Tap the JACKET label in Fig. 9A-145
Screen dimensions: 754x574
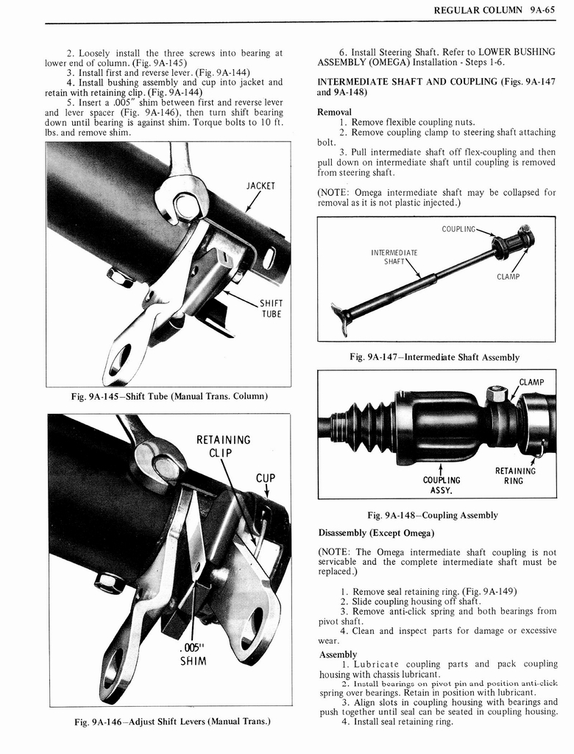coord(261,186)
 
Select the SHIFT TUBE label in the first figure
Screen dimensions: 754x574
coord(272,309)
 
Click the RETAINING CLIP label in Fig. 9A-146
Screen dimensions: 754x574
coord(223,447)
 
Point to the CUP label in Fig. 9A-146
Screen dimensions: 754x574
coord(265,479)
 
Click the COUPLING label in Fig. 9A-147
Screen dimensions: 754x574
coord(458,229)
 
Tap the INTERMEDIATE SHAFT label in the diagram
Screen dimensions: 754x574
coord(394,258)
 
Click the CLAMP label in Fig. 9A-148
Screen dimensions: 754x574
coord(531,382)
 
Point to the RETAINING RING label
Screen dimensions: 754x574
coord(515,476)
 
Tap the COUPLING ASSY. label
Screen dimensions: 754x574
coord(442,485)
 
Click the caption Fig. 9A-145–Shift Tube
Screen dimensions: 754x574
coord(169,397)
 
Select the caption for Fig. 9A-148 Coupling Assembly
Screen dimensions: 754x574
coord(433,515)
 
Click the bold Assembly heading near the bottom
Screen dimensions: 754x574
coord(338,655)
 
